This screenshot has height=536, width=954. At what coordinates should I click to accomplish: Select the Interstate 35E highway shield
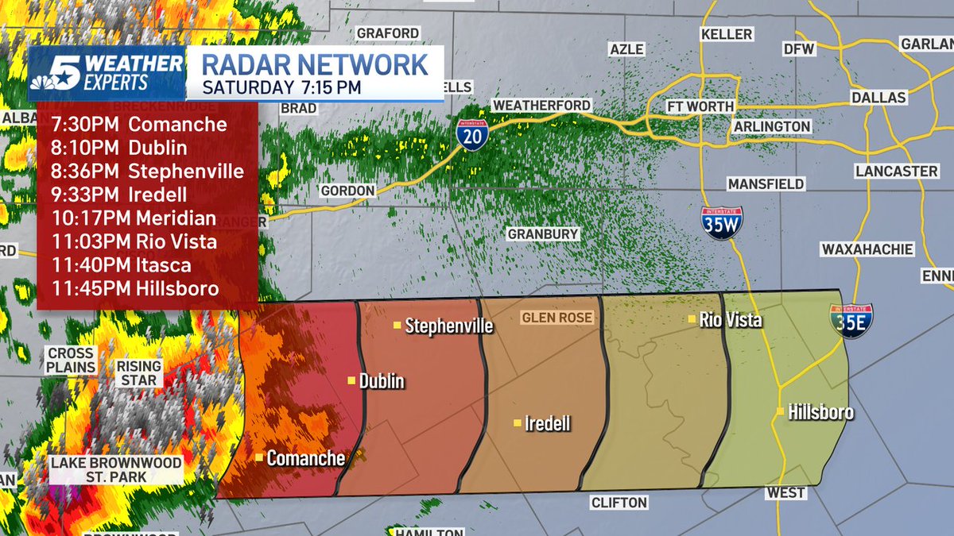(851, 320)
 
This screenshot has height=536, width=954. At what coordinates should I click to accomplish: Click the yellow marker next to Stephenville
(397, 325)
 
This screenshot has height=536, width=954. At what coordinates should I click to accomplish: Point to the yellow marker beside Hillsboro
(780, 411)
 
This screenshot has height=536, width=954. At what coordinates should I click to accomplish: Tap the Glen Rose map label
(556, 318)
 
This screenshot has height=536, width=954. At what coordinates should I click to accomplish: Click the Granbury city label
(543, 234)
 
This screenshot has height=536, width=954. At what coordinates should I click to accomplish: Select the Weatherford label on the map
(541, 105)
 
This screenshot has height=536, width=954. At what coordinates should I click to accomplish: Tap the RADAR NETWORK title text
(313, 64)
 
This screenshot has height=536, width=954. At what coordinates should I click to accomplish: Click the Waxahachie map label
(867, 249)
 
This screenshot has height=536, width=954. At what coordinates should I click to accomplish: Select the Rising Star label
(139, 374)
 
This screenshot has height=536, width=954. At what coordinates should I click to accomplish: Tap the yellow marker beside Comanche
(259, 457)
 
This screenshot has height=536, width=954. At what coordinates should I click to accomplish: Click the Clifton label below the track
(619, 503)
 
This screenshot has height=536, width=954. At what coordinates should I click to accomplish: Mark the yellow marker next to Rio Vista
(692, 319)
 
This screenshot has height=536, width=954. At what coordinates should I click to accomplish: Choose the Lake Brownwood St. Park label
(116, 469)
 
